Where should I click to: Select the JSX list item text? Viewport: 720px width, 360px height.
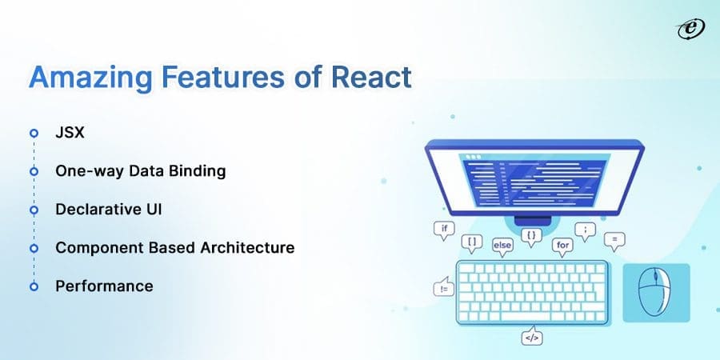pyautogui.click(x=69, y=133)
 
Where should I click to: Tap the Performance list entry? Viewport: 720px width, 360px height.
pyautogui.click(x=104, y=286)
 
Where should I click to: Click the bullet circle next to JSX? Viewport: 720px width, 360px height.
pyautogui.click(x=34, y=134)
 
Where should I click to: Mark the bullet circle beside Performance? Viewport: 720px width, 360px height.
pyautogui.click(x=34, y=286)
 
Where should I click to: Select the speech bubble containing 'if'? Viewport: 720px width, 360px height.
pyautogui.click(x=444, y=228)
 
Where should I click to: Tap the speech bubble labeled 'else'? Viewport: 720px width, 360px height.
pyautogui.click(x=502, y=245)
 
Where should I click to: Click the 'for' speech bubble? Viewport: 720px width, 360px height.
pyautogui.click(x=562, y=245)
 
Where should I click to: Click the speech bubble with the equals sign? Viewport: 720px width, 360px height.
pyautogui.click(x=614, y=238)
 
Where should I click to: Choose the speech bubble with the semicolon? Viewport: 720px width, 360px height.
pyautogui.click(x=585, y=229)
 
